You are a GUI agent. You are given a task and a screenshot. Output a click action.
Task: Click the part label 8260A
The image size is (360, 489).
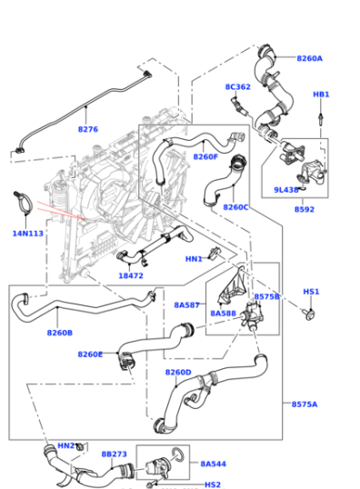[x=309, y=58]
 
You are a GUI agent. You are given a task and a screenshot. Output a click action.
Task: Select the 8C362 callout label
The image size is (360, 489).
[x=237, y=87]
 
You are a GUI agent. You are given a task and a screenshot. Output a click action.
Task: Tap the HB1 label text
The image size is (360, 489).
[x=321, y=95]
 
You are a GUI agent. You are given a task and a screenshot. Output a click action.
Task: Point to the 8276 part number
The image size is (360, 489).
[x=87, y=129]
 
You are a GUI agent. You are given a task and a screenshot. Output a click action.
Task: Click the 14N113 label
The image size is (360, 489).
[x=27, y=234]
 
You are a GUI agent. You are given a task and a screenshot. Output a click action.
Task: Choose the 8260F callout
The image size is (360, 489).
[x=205, y=156]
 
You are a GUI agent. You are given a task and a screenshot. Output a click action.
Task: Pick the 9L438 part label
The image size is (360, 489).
[x=287, y=190]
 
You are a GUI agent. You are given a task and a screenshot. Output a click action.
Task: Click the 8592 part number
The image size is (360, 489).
[x=304, y=209]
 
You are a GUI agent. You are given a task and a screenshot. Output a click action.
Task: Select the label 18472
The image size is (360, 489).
[x=131, y=275]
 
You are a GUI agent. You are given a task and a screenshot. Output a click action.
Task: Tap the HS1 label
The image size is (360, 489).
[x=311, y=292]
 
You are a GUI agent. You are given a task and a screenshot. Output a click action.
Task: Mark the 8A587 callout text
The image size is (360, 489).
[x=187, y=305]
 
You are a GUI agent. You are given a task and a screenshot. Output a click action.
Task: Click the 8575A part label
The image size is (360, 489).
[x=305, y=404]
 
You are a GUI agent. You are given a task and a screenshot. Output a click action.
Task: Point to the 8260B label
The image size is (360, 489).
[x=59, y=333]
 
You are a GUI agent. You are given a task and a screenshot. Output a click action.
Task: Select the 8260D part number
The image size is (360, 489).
[x=178, y=372]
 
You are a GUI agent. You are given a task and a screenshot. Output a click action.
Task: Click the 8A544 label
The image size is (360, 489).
[x=213, y=464]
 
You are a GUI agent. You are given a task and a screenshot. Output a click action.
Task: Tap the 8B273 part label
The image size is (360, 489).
[x=114, y=453]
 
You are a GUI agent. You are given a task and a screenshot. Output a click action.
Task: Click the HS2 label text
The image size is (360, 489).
[x=212, y=484]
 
